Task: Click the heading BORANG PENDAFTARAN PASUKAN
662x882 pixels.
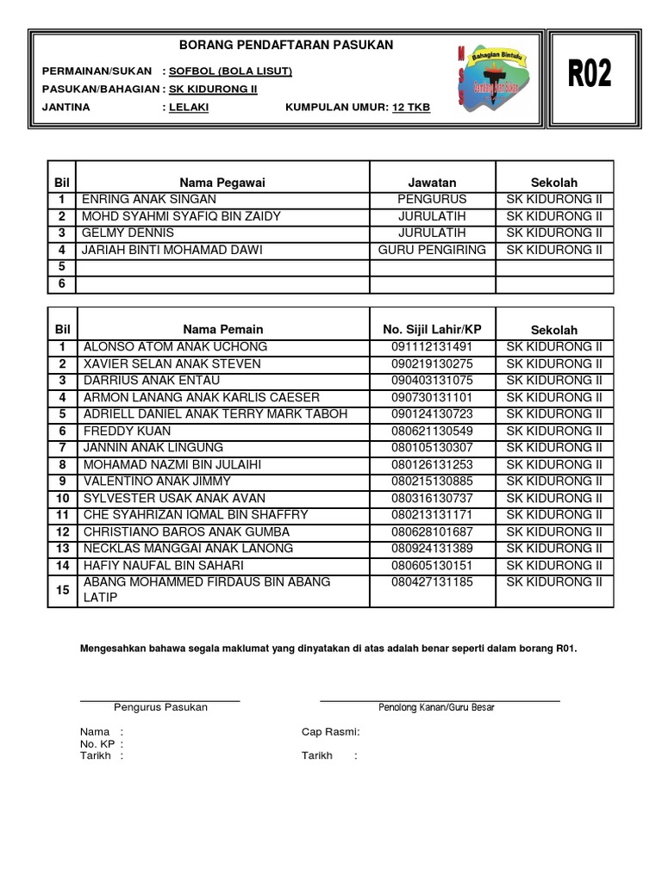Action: coord(286,45)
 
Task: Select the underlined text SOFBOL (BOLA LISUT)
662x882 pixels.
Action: coord(230,71)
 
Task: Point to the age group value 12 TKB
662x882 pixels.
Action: coord(410,108)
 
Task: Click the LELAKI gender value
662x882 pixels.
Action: coord(189,108)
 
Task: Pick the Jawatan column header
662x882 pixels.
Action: coord(432,183)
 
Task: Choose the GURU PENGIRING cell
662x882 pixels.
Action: coord(432,250)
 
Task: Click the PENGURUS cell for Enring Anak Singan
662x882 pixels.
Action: coord(432,199)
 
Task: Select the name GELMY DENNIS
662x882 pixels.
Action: coord(128,233)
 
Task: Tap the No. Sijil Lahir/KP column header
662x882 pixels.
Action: coord(432,329)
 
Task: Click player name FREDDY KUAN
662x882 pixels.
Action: coord(127,431)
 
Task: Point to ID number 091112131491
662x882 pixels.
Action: coord(432,346)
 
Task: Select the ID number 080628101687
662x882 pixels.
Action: coord(432,531)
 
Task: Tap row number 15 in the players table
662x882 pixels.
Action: coord(62,590)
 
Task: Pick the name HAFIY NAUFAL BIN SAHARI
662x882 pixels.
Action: coord(163,565)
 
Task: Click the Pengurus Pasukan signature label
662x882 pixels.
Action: coord(160,707)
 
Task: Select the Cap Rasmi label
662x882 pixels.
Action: coord(330,732)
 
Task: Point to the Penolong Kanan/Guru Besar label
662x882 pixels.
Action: coord(436,707)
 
